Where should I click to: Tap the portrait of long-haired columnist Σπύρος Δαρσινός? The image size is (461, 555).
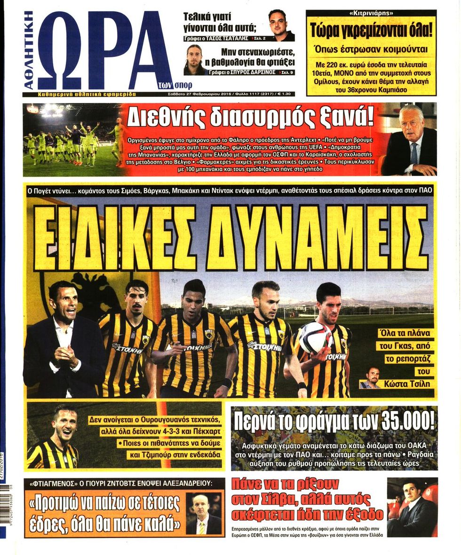(195, 60)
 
